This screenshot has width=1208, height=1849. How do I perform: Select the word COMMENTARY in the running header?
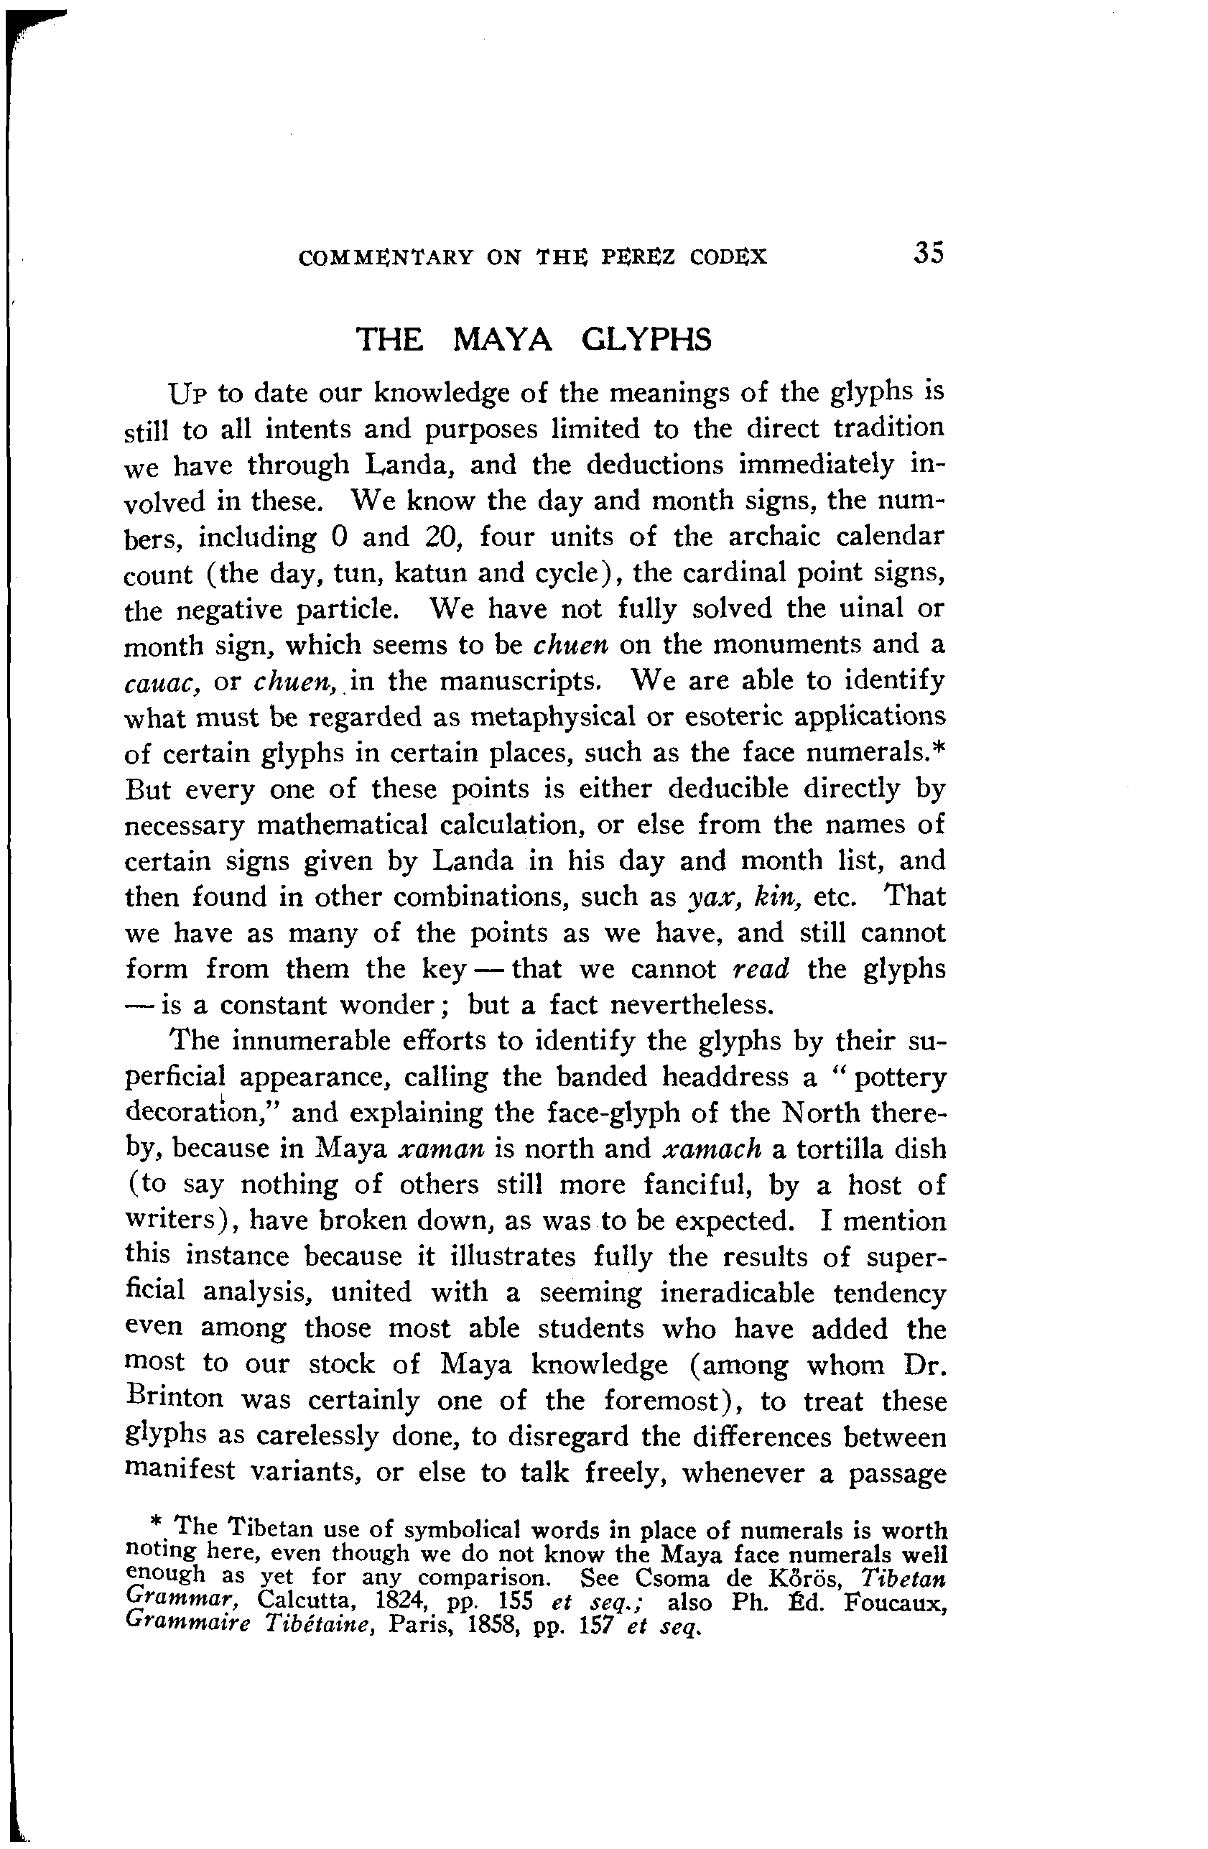[x=386, y=257]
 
